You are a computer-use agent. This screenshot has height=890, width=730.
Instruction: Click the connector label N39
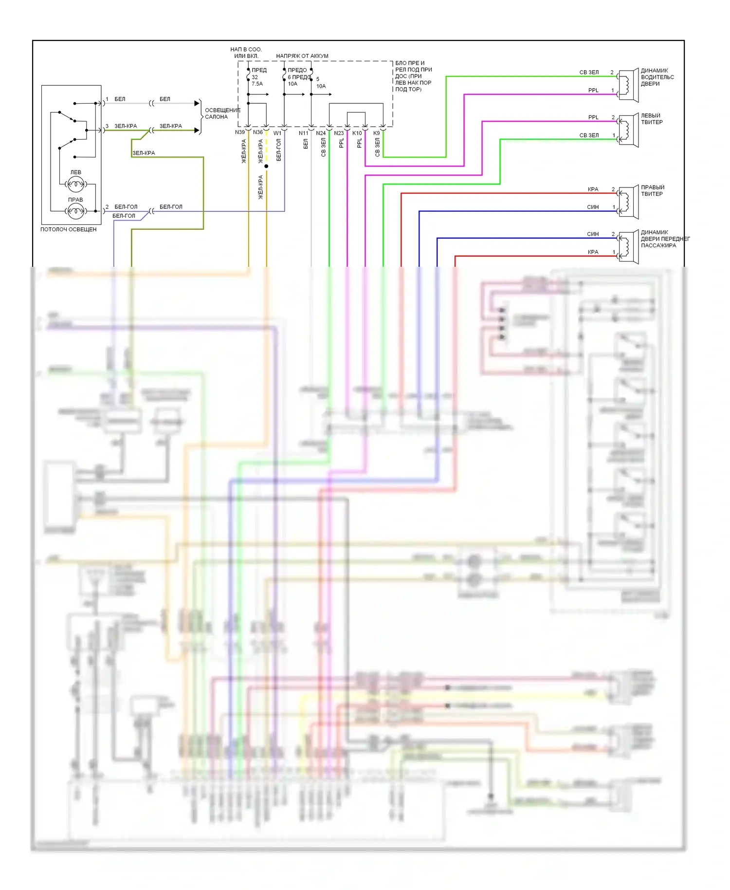[x=240, y=132]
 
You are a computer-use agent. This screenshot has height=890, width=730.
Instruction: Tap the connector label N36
[x=258, y=132]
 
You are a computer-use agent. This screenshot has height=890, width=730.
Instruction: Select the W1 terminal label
[x=277, y=133]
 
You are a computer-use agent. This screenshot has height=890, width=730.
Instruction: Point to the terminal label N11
[x=303, y=133]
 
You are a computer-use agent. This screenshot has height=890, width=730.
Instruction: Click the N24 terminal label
[x=321, y=133]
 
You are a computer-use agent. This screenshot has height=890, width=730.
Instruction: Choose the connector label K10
[x=357, y=133]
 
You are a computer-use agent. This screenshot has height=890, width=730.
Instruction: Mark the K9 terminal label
[x=377, y=133]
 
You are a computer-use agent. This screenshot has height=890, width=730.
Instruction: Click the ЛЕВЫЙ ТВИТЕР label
[x=651, y=119]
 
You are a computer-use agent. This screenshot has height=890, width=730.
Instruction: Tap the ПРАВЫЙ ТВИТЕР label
[x=652, y=190]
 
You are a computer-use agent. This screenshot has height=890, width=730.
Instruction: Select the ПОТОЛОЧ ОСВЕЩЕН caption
[x=69, y=229]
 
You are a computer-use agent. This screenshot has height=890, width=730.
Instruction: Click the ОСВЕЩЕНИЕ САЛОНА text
[x=222, y=113]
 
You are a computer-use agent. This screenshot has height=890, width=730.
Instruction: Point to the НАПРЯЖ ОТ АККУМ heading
[x=302, y=56]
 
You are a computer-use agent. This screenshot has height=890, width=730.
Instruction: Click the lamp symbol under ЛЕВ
[x=76, y=184]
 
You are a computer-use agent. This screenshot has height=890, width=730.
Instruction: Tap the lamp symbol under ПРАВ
[x=76, y=211]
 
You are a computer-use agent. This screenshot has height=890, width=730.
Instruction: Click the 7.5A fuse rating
[x=257, y=84]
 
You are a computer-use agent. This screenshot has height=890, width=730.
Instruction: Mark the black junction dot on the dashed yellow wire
[x=266, y=167]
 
